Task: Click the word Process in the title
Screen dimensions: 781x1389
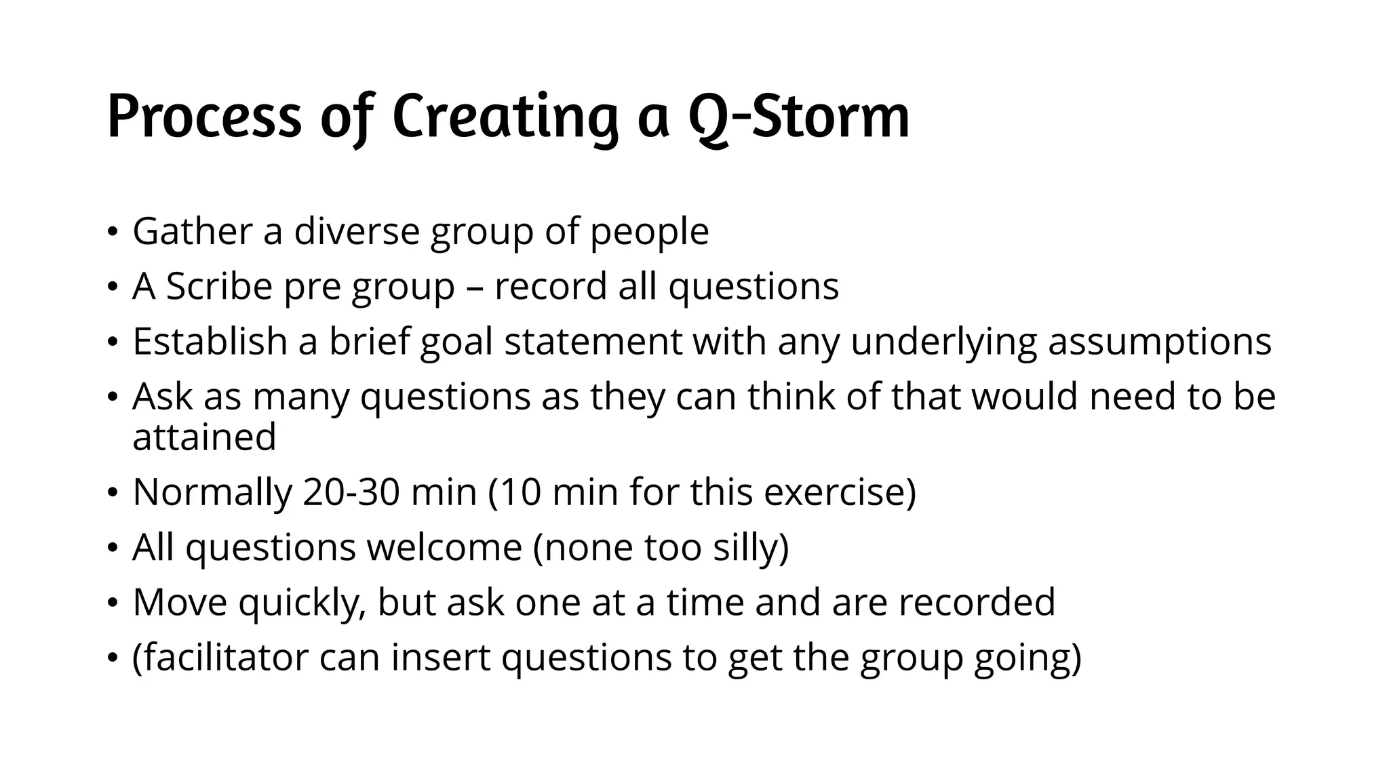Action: (x=204, y=117)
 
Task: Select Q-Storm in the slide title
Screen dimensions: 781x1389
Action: (x=798, y=117)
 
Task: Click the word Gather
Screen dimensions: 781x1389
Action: (x=192, y=231)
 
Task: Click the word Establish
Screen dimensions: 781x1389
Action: (x=210, y=341)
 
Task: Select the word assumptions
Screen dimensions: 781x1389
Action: (x=1159, y=341)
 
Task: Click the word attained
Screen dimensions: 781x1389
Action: (x=204, y=437)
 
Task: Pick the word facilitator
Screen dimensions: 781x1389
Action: (x=220, y=658)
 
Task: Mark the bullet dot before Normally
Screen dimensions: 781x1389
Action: (x=113, y=494)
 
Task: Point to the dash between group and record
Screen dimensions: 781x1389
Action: (x=474, y=287)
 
